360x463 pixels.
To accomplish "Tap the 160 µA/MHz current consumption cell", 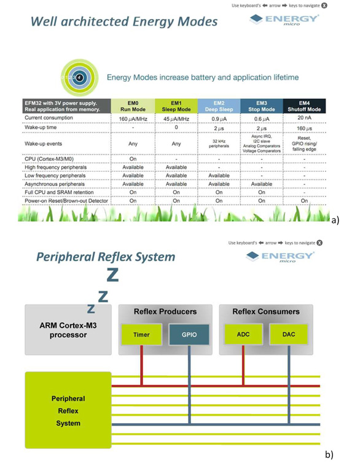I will pyautogui.click(x=132, y=118).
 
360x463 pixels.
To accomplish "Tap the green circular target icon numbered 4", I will pyautogui.click(x=79, y=77).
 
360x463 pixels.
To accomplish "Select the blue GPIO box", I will pyautogui.click(x=189, y=335).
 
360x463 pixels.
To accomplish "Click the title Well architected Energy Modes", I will pyautogui.click(x=123, y=23).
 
